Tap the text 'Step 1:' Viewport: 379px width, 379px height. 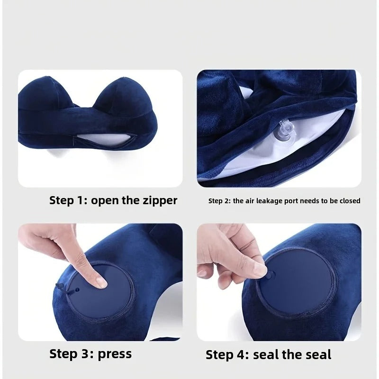coord(68,200)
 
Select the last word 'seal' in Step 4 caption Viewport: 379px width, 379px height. coord(314,354)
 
